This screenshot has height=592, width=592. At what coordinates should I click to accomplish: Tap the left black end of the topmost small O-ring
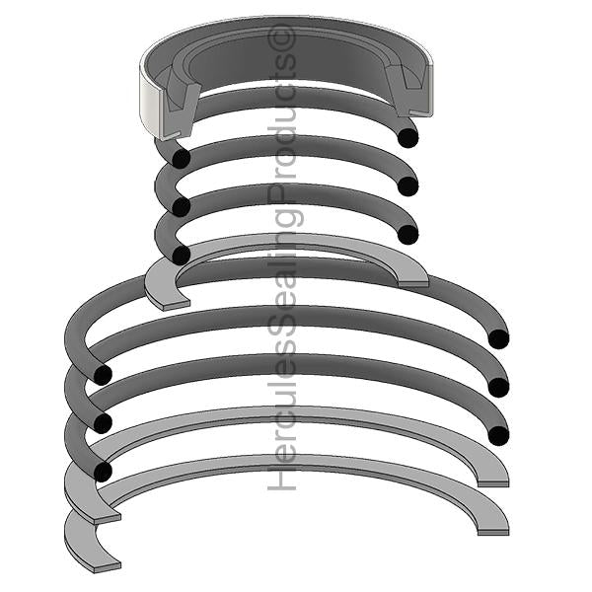point(180,159)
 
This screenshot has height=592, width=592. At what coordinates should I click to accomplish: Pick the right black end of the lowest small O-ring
point(407,235)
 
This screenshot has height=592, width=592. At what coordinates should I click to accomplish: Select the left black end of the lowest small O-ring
point(181,255)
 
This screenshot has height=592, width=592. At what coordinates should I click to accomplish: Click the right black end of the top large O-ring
point(498,339)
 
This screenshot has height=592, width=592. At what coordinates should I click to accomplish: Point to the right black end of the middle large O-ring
point(498,387)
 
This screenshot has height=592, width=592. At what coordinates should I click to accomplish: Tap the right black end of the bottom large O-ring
point(498,435)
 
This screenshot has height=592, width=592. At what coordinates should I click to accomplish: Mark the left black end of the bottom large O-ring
point(101,472)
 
